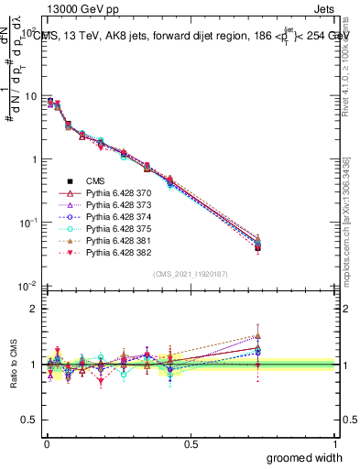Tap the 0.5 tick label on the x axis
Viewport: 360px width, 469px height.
(x=191, y=442)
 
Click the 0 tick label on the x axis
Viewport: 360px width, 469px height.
(x=46, y=442)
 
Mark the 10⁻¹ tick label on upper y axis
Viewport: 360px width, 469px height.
(x=27, y=222)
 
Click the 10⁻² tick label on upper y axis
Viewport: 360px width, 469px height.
(x=27, y=285)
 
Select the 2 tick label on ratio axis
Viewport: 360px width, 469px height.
(x=34, y=309)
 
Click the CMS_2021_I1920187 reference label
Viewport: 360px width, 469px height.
(x=191, y=275)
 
